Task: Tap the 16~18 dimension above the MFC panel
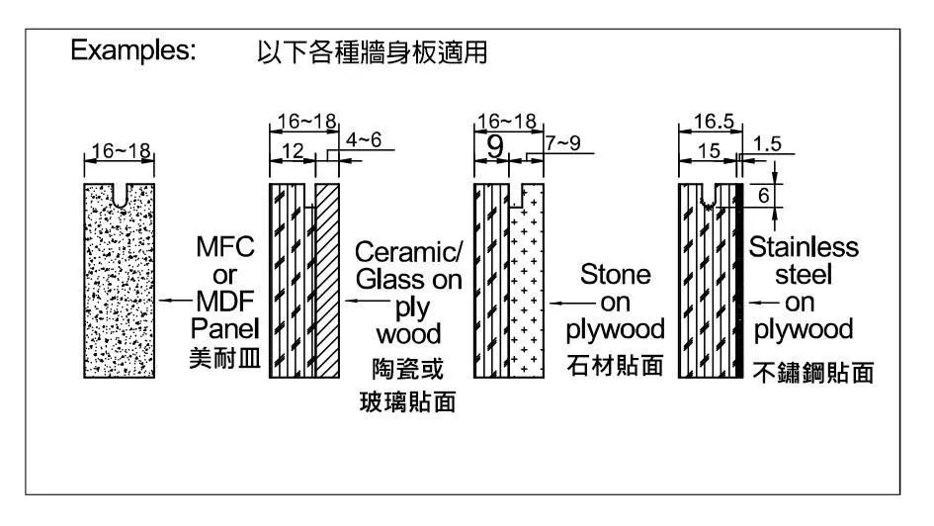tap(121, 151)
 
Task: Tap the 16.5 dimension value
tap(707, 122)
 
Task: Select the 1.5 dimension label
tap(766, 143)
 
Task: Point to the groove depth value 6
tap(762, 195)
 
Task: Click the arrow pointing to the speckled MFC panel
tap(176, 299)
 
